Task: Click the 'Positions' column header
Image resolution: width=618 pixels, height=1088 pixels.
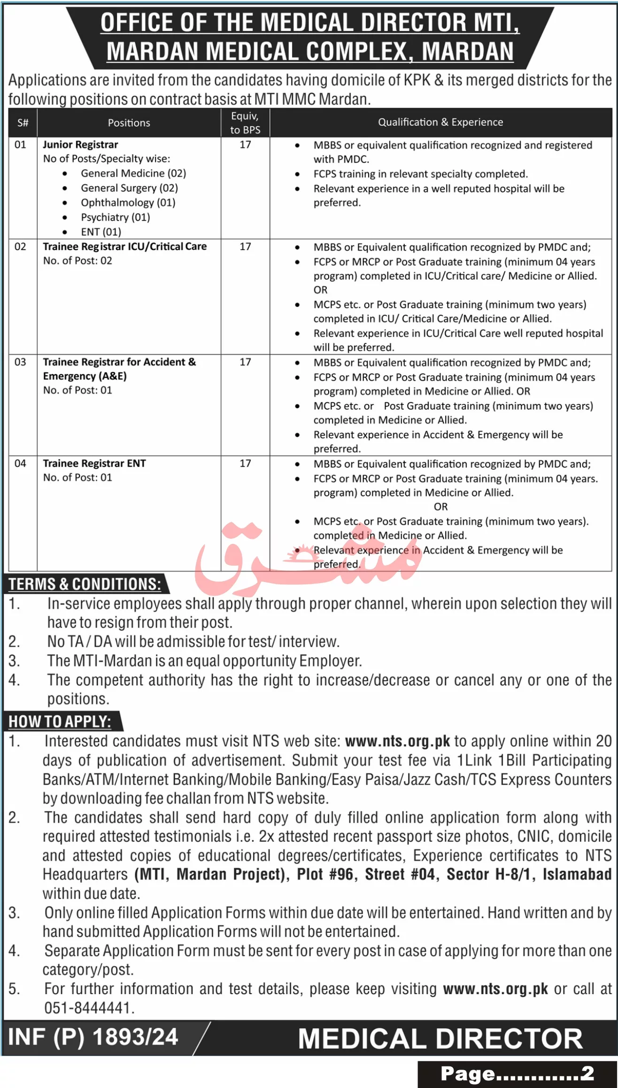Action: (129, 123)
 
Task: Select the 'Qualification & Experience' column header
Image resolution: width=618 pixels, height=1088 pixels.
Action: (440, 122)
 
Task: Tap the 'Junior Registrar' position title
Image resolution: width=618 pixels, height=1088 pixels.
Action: (80, 145)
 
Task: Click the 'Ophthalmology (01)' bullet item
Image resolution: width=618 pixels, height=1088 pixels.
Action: (128, 202)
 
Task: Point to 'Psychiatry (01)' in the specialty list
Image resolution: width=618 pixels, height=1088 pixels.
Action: (115, 217)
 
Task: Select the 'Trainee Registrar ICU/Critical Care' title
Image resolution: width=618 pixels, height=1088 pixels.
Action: (124, 247)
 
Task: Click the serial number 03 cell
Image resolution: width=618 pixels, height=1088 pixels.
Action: (20, 362)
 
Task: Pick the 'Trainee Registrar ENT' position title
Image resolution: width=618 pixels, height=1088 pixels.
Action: (94, 464)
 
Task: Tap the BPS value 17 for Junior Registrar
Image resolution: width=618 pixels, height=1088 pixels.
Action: (245, 145)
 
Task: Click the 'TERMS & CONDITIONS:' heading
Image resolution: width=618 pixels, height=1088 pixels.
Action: (85, 584)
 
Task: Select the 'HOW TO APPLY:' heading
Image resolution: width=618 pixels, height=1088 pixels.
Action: (60, 721)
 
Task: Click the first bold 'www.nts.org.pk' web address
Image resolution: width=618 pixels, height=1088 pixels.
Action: (397, 741)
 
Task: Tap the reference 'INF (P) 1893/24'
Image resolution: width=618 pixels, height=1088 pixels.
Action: (93, 1037)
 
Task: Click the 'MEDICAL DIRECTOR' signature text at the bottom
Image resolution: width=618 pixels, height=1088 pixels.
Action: (440, 1039)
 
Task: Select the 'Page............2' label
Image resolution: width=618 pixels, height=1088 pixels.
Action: (517, 1074)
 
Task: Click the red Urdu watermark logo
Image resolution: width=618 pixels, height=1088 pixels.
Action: (305, 554)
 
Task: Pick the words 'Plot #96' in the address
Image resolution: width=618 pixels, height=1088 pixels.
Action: (324, 874)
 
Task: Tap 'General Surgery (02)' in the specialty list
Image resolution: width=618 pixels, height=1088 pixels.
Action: (129, 188)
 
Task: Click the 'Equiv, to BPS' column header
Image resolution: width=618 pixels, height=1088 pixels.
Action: (245, 123)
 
